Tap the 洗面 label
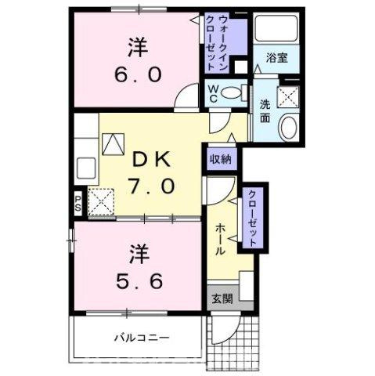(265, 111)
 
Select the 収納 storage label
(220, 159)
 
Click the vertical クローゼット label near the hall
(253, 219)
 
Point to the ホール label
(221, 238)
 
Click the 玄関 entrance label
(220, 298)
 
